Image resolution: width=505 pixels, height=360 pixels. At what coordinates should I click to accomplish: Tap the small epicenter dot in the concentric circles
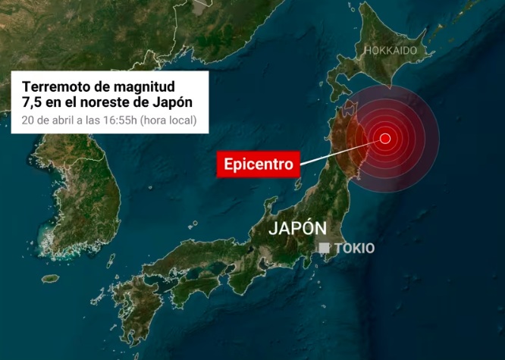[385, 138]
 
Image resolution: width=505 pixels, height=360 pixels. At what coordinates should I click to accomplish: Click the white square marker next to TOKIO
[324, 248]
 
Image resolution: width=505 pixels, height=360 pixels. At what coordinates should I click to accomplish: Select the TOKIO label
[354, 249]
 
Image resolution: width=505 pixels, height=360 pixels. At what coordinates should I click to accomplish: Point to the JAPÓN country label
[298, 228]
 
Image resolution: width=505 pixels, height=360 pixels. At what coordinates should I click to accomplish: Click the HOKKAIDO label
[391, 50]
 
